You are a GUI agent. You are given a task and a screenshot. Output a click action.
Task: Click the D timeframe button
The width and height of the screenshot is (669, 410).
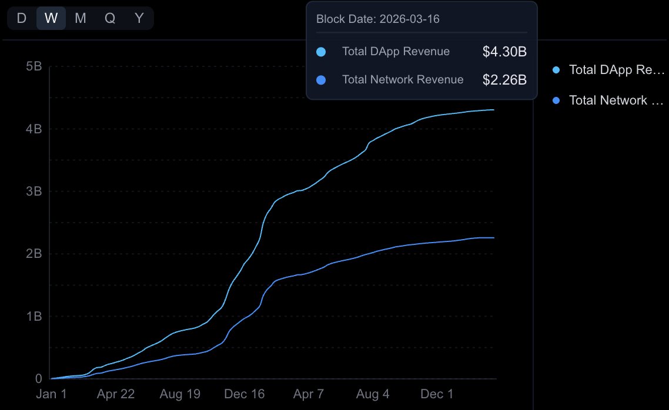pos(22,18)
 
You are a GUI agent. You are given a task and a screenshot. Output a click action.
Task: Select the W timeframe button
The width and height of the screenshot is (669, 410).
pos(51,18)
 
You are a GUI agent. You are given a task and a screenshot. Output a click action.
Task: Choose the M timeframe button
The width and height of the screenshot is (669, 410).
pos(81,18)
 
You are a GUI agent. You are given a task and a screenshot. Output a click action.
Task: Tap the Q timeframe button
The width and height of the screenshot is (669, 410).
pos(110,18)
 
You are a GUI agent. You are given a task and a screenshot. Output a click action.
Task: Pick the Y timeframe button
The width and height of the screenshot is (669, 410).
pos(139,18)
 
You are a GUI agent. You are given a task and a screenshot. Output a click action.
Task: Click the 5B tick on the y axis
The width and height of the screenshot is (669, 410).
pos(34,66)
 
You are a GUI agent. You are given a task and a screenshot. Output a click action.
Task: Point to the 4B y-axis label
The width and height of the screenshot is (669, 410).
pos(34,129)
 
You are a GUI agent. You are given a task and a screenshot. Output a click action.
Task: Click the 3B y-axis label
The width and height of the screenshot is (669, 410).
pos(34,191)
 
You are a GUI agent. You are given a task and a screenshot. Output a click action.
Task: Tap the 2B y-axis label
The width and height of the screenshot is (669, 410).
pos(34,254)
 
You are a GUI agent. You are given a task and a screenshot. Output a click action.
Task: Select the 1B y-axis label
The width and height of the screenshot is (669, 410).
pos(34,316)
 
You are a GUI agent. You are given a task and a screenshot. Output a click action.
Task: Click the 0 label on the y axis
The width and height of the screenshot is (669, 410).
pos(38,379)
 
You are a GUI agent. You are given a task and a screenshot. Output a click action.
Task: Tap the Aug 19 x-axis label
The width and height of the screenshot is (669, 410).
pos(179,394)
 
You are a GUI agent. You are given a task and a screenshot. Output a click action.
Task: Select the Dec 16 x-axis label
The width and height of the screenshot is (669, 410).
pos(245,394)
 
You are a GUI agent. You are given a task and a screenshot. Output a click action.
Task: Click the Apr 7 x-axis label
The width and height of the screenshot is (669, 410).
pos(308,394)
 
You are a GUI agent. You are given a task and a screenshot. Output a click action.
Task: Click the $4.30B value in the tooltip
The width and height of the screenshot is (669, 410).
pos(504,52)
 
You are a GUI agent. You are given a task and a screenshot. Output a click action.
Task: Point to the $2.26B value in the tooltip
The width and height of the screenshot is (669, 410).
pos(504,80)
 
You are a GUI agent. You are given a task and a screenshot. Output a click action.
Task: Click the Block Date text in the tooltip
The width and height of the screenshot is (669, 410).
pos(378,19)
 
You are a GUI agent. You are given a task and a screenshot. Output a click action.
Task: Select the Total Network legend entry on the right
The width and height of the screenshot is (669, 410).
pos(608,100)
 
